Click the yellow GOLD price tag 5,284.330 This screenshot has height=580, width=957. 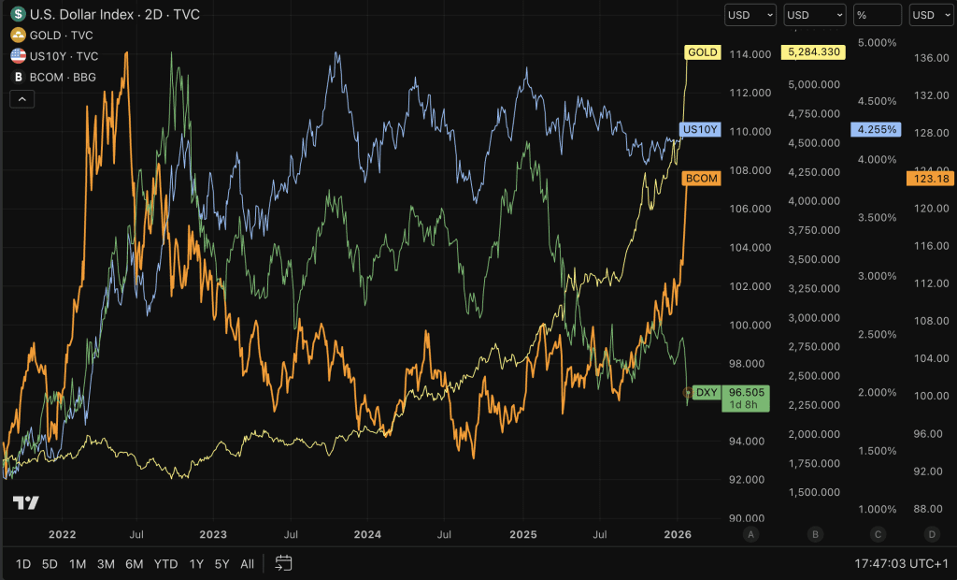pyautogui.click(x=812, y=52)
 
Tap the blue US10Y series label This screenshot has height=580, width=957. pyautogui.click(x=701, y=129)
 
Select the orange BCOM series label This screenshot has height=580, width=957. pyautogui.click(x=702, y=178)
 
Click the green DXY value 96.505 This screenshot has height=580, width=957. pyautogui.click(x=746, y=393)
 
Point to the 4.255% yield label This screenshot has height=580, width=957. pyautogui.click(x=876, y=129)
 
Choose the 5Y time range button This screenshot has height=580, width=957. pyautogui.click(x=221, y=564)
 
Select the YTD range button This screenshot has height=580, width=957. pyautogui.click(x=165, y=564)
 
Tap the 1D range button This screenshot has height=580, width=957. pyautogui.click(x=23, y=564)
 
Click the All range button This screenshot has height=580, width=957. pyautogui.click(x=247, y=564)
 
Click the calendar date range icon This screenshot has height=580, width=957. pyautogui.click(x=284, y=563)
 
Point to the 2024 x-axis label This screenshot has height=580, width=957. pyautogui.click(x=367, y=534)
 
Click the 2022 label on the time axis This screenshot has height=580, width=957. pyautogui.click(x=62, y=534)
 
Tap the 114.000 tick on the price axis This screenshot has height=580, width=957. pyautogui.click(x=751, y=53)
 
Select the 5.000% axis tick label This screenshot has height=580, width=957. pyautogui.click(x=877, y=43)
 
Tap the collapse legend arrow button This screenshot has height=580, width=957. pyautogui.click(x=22, y=98)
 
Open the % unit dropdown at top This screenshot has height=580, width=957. pyautogui.click(x=877, y=15)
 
